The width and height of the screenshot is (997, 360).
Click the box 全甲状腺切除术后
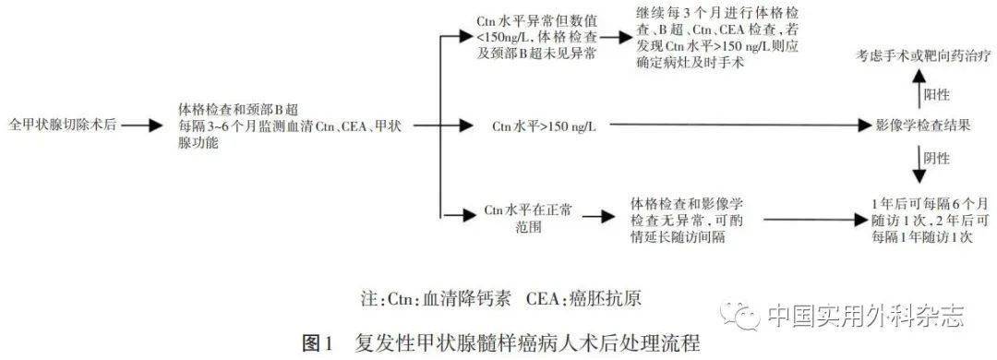(x=62, y=123)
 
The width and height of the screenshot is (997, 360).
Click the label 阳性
(x=936, y=93)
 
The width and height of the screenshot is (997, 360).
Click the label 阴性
(x=936, y=159)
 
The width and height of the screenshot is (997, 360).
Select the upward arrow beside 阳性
(x=917, y=91)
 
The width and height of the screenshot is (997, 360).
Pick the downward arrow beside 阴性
(x=917, y=159)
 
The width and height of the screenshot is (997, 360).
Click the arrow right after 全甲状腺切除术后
(x=143, y=123)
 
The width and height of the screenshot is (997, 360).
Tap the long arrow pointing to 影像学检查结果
(x=729, y=123)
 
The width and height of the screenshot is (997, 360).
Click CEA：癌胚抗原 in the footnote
(x=590, y=302)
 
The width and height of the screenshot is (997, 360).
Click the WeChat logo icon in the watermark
(x=746, y=316)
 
